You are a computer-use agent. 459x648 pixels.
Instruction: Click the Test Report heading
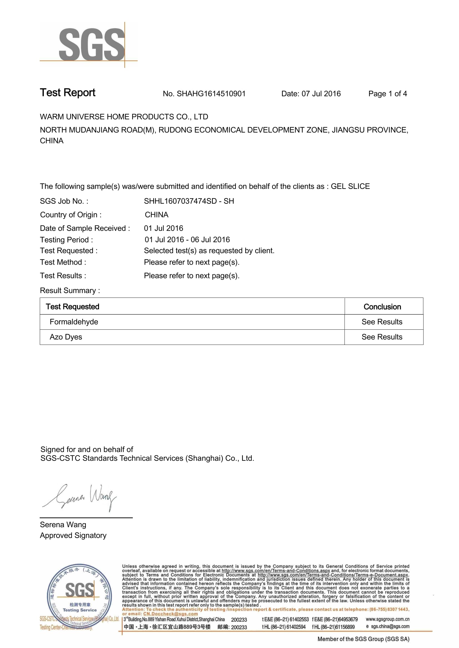67,93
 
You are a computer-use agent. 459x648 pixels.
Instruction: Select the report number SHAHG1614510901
211,94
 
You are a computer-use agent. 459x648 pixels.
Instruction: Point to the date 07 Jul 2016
321,94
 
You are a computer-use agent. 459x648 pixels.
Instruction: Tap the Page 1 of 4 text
387,94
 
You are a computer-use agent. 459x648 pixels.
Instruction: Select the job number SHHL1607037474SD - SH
189,201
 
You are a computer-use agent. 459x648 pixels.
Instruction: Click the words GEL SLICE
350,186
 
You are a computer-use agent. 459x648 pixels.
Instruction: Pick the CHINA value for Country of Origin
156,215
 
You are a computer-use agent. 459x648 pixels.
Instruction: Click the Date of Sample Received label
85,228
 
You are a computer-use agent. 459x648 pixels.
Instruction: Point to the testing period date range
187,240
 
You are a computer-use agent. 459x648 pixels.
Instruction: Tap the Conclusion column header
382,306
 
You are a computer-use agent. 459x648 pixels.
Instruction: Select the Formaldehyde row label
74,322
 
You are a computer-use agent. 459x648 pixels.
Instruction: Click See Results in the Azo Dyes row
382,337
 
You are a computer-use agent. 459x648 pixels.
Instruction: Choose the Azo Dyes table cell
66,337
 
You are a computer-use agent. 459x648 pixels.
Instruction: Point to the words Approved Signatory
73,536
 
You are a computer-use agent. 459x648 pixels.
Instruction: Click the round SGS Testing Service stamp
79,596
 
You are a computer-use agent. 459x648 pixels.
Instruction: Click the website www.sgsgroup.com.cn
387,619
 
